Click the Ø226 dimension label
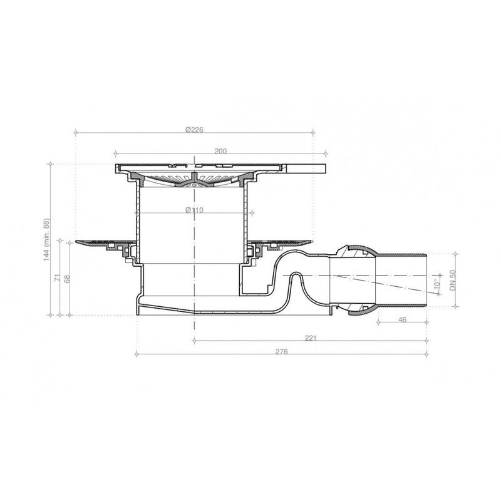tap(194, 130)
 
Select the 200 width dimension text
tap(220, 151)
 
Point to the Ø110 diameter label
tap(194, 209)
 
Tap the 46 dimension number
tap(402, 320)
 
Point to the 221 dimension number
tap(309, 338)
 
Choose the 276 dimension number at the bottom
tap(281, 352)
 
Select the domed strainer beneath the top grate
tap(194, 182)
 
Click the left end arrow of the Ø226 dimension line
tap(76, 132)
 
